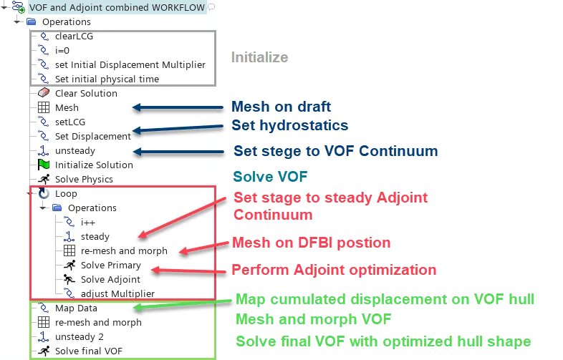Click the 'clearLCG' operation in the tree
click(74, 36)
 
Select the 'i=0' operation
click(63, 50)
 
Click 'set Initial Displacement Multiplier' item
click(130, 64)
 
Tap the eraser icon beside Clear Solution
click(44, 93)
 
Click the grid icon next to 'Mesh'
click(44, 107)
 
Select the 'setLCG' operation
click(69, 122)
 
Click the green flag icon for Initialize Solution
click(44, 165)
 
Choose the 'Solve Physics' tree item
click(84, 179)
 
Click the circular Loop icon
click(44, 193)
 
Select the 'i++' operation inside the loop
click(89, 222)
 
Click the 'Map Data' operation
click(76, 308)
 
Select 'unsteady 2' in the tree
click(79, 336)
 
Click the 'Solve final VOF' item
click(89, 351)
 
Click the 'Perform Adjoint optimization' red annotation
click(334, 271)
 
